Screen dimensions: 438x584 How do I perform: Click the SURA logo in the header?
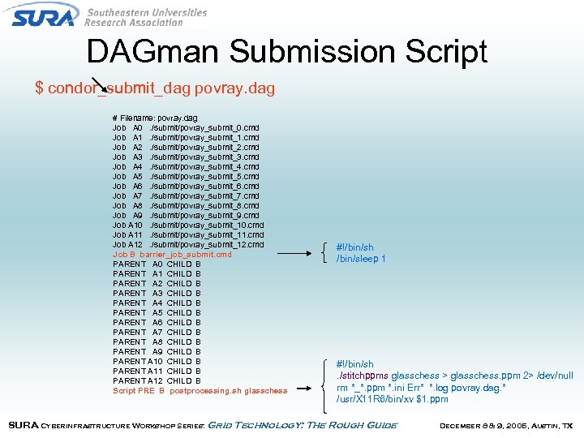click(x=45, y=15)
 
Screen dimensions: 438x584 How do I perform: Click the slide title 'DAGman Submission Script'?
click(x=286, y=52)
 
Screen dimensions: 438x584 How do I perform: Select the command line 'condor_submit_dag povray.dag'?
click(x=155, y=88)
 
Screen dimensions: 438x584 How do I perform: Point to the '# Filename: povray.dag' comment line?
click(x=155, y=118)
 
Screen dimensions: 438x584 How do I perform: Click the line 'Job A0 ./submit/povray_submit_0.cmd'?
click(x=186, y=128)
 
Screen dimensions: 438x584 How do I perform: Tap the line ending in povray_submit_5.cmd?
click(x=186, y=177)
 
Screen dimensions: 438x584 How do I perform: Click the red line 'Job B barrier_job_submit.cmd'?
click(x=172, y=255)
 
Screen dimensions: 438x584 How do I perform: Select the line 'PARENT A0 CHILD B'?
click(x=157, y=264)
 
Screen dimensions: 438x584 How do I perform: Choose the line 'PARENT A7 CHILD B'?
click(x=157, y=333)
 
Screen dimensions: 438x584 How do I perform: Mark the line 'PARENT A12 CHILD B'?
click(x=157, y=381)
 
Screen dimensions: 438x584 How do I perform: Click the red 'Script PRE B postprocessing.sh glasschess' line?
click(x=200, y=391)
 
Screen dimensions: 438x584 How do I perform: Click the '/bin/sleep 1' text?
click(x=361, y=259)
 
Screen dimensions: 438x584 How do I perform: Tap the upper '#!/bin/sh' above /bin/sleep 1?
click(x=354, y=247)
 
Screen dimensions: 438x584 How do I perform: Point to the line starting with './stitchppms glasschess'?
click(x=454, y=376)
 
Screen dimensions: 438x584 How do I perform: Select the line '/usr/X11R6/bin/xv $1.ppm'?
click(x=392, y=399)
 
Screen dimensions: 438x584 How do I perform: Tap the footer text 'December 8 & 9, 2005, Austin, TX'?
click(x=505, y=425)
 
